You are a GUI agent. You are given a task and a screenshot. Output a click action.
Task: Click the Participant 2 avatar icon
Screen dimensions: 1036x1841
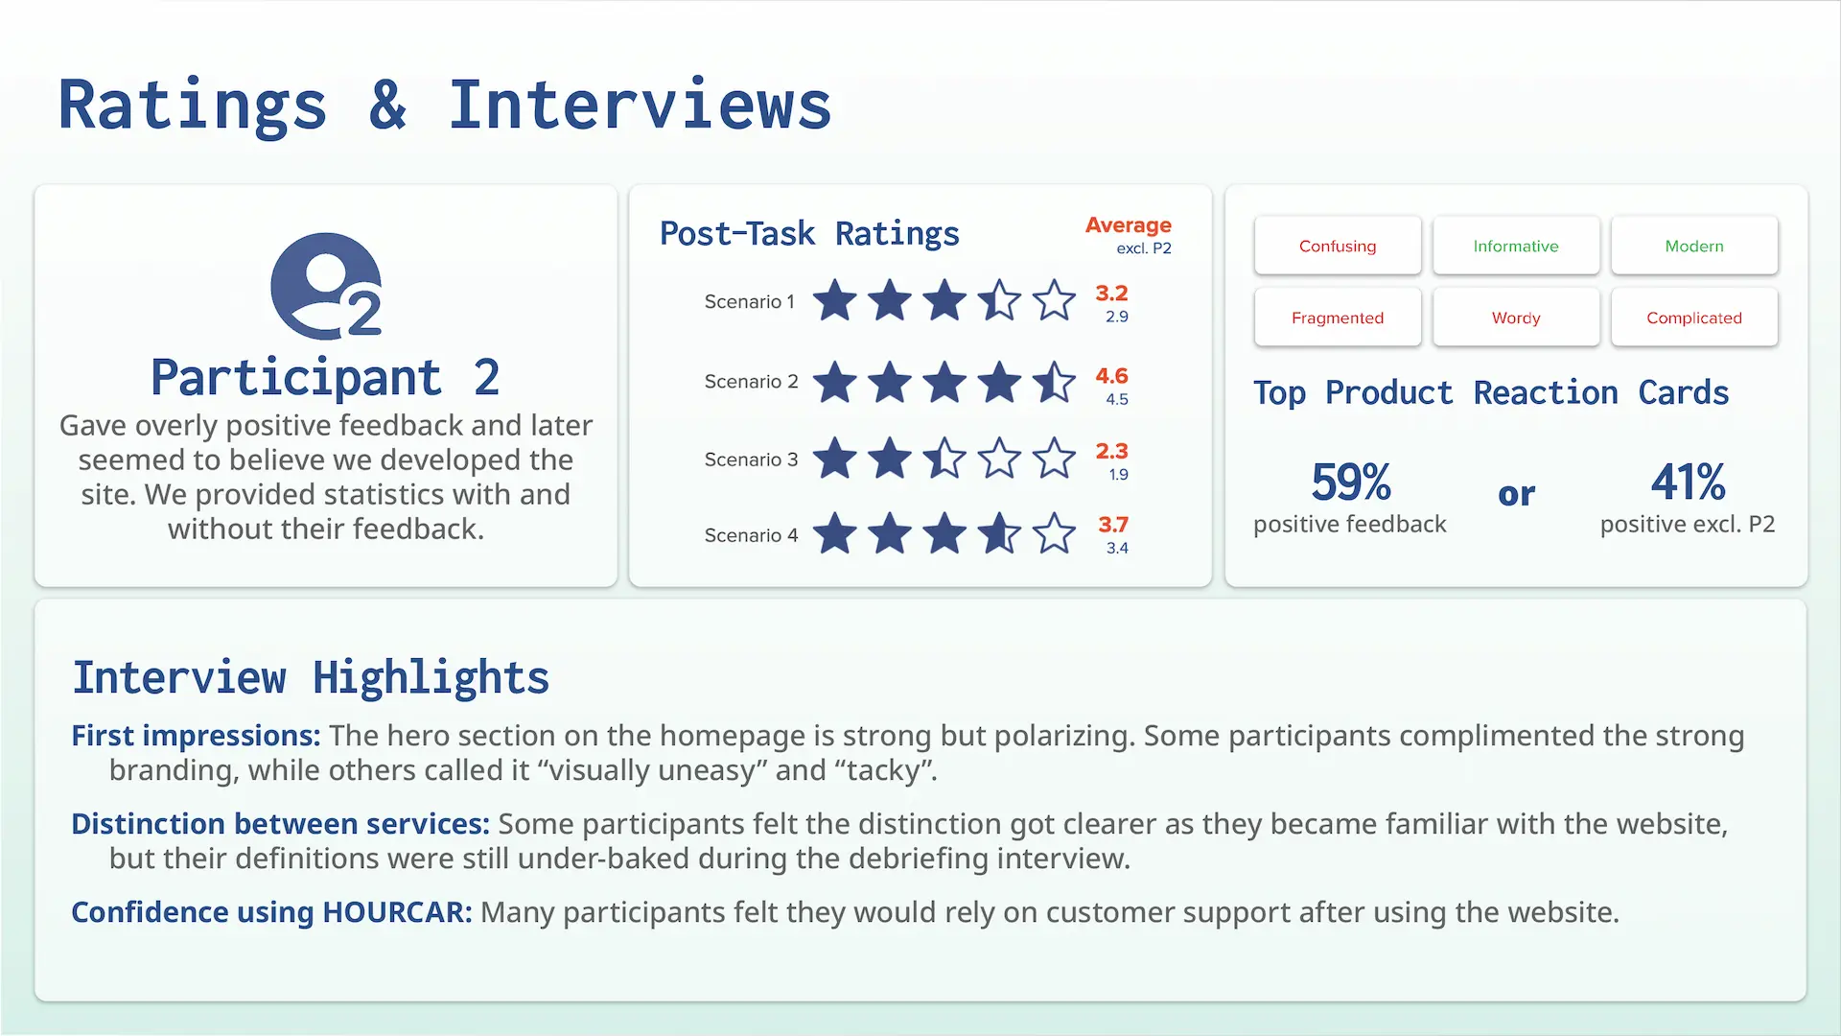click(326, 286)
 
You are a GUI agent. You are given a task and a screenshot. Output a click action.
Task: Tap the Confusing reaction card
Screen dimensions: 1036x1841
click(1337, 246)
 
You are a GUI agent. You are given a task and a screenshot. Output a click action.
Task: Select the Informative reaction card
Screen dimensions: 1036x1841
click(1515, 246)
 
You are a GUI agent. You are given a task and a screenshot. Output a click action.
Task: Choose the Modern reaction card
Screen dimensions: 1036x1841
click(1693, 246)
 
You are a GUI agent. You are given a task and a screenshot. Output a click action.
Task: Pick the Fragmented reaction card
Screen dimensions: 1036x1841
click(1337, 318)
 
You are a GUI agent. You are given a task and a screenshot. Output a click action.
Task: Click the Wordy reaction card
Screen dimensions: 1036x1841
click(1515, 318)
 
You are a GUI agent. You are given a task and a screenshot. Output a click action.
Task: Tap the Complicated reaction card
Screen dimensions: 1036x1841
click(1693, 318)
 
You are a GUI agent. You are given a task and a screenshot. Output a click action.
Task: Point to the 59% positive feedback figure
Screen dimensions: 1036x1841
click(1350, 482)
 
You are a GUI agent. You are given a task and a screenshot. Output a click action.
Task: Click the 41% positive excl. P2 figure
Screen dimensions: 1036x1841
click(1688, 482)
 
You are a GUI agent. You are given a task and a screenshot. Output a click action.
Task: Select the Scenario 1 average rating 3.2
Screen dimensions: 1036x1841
click(1111, 294)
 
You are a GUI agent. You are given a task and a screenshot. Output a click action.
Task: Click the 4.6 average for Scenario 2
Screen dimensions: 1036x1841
click(1111, 376)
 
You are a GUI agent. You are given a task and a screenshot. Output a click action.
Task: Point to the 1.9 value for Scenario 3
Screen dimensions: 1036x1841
click(1118, 475)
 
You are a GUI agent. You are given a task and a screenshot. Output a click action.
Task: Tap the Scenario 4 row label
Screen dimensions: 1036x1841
click(751, 535)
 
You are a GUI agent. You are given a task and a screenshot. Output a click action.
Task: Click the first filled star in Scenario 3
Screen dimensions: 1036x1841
click(835, 458)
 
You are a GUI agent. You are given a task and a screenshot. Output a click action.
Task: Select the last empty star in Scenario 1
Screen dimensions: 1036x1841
click(1054, 300)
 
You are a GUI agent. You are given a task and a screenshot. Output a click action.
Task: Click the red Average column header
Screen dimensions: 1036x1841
click(1128, 225)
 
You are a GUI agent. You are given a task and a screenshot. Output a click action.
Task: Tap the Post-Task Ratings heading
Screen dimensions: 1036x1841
click(809, 233)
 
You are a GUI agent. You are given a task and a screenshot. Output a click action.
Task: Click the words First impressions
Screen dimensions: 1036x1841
click(196, 736)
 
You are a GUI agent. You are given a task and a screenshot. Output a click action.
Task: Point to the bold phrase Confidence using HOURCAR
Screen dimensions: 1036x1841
click(271, 912)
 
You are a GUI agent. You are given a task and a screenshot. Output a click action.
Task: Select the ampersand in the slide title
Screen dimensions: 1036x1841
click(387, 106)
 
